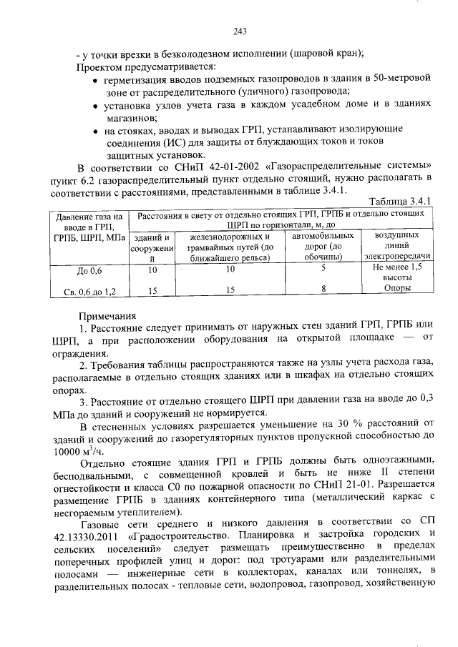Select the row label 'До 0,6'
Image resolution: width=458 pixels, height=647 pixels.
(89, 271)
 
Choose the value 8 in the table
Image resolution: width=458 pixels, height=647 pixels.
(323, 290)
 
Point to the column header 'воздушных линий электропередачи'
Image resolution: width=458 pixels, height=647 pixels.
(396, 245)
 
